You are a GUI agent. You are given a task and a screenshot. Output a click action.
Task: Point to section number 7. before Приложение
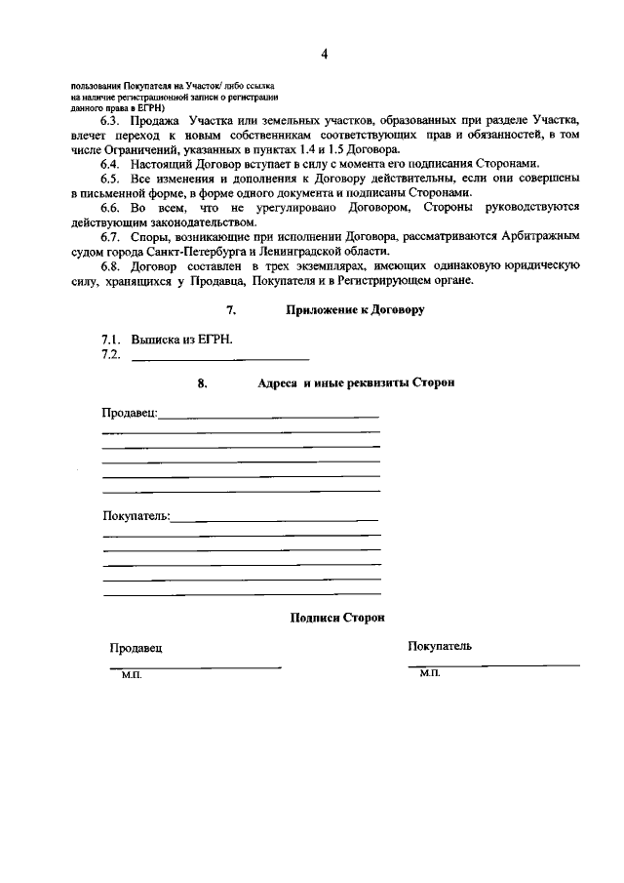coord(231,310)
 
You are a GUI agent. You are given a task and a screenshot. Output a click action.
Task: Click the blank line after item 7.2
coord(219,358)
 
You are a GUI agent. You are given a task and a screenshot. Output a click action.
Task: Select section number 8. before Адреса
coord(203,383)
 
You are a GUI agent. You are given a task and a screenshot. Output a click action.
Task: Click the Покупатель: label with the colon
coord(136,515)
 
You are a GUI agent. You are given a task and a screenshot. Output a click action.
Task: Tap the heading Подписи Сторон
coord(337,618)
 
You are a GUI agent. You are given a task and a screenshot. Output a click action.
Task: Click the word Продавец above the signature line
coord(136,648)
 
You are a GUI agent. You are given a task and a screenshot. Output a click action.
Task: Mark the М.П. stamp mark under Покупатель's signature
coord(430,673)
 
